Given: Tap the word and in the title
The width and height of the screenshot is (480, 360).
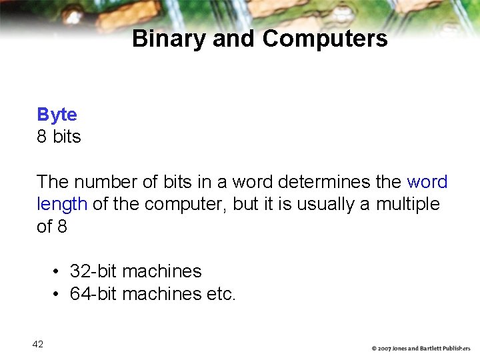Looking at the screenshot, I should pos(235,39).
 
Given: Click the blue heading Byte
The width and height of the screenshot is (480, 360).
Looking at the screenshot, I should pos(57,115).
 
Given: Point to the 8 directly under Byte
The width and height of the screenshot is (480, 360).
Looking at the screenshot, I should pos(42,137).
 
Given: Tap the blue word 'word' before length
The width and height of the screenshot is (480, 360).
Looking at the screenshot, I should pos(427,182).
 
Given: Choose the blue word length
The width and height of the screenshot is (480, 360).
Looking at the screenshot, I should pos(62,204).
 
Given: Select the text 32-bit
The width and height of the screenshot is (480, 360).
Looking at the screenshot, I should pos(93,271).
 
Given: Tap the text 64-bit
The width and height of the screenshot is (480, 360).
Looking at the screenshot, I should pos(93,293).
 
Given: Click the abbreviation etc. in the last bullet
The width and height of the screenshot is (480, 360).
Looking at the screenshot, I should pos(221,293).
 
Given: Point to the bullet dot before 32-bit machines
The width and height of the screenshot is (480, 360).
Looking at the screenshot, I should pos(58,272).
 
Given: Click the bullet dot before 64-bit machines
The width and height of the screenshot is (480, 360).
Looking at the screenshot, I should pos(58,294).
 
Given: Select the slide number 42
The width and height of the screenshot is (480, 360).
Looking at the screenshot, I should pos(37,344).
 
